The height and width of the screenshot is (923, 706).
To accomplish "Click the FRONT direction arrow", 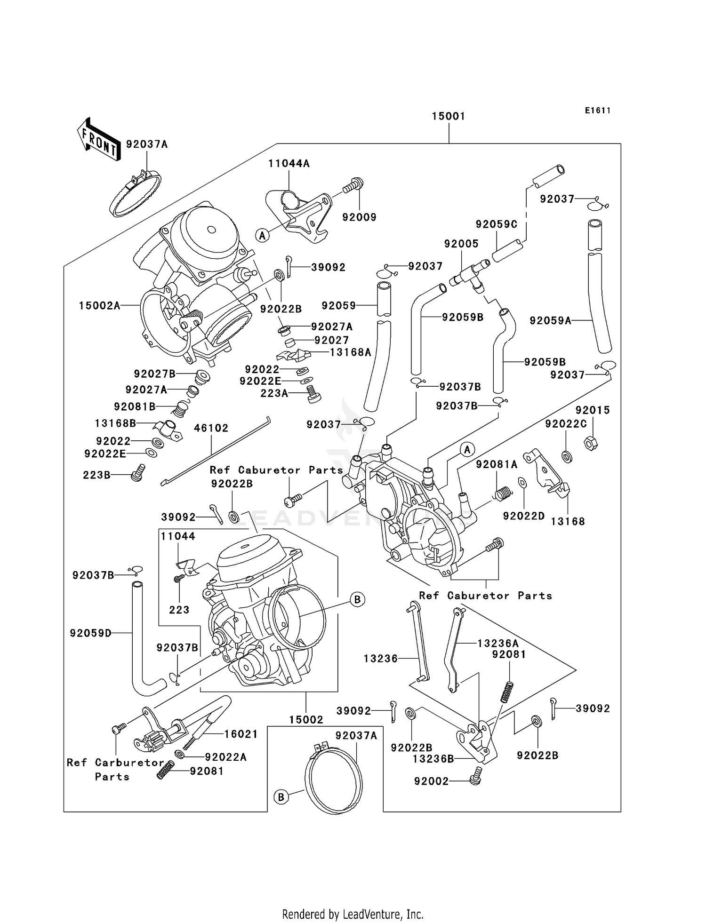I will coord(98,139).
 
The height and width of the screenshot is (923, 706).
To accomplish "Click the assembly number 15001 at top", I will coord(449,116).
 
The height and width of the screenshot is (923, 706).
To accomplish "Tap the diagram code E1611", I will coord(598,111).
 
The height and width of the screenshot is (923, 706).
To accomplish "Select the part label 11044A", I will coord(289,164).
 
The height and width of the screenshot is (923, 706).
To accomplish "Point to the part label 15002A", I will coord(99,306).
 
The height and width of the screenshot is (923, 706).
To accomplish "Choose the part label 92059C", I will coord(496,224).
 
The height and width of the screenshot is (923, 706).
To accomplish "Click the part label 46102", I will coord(211,428).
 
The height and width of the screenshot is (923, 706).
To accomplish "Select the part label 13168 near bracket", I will coord(568,521).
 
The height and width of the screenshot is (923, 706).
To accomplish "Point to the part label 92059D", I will coord(90,633).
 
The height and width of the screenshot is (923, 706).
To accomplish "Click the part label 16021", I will coord(241,734).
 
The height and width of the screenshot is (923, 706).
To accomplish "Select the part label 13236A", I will coord(497,643).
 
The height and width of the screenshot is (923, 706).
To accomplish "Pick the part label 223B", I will coord(96,475).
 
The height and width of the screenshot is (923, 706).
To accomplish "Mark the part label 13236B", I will coord(433,759).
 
